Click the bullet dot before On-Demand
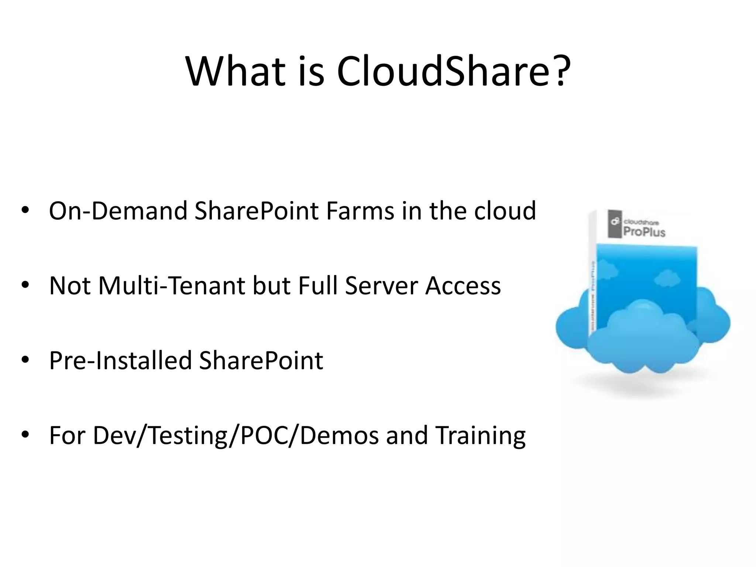25,210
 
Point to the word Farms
360,211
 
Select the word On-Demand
118,211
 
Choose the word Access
463,286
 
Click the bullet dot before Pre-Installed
25,360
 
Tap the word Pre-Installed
120,360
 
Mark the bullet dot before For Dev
25,434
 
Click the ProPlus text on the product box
644,232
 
